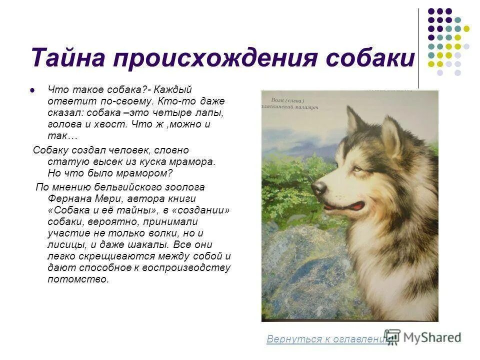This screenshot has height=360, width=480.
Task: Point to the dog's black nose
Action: tap(318, 188)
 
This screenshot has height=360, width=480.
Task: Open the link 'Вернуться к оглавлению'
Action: tap(327, 339)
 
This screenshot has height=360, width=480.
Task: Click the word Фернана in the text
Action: tap(69, 198)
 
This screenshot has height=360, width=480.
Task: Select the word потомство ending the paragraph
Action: tap(77, 279)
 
